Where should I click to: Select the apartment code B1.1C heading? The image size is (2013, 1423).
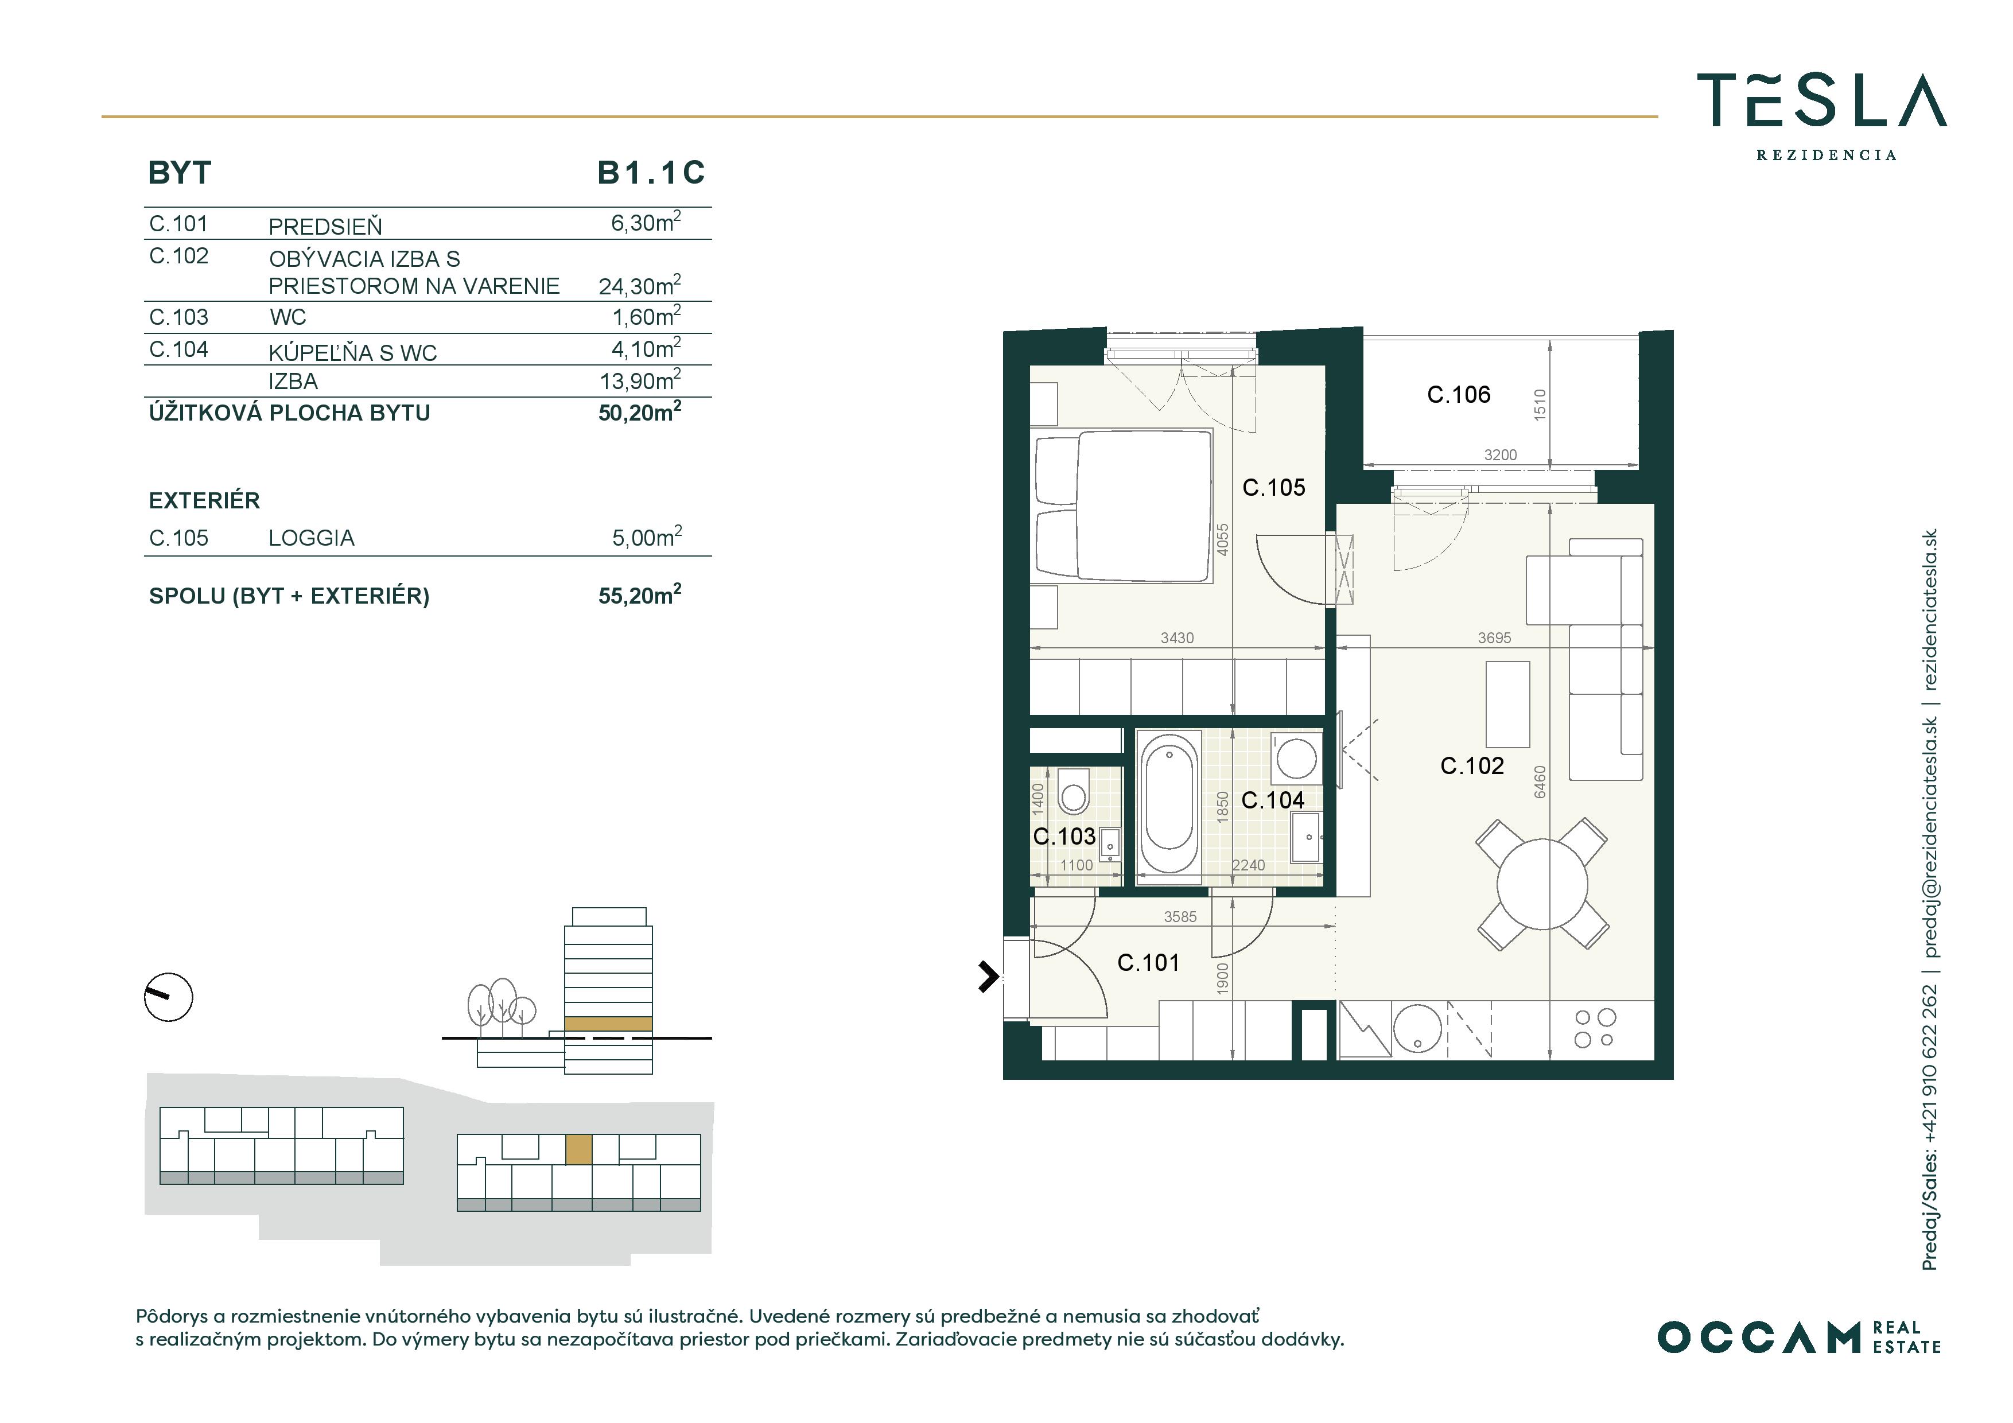click(x=651, y=173)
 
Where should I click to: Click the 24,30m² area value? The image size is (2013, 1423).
click(x=640, y=285)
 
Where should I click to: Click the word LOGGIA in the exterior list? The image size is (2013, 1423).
click(x=311, y=538)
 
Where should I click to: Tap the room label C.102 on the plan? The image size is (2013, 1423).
click(x=1472, y=765)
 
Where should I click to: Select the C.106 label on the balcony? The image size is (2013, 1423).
click(x=1459, y=395)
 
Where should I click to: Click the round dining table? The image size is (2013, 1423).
click(x=1543, y=884)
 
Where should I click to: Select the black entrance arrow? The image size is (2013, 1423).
click(x=989, y=976)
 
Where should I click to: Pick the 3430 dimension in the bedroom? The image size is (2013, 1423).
click(x=1178, y=638)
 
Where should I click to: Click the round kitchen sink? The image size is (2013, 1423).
click(x=1417, y=1028)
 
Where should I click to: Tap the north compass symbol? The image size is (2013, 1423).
click(x=168, y=997)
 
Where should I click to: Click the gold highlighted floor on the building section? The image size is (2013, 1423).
click(x=608, y=1023)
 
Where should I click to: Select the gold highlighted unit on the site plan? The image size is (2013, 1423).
click(x=578, y=1149)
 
